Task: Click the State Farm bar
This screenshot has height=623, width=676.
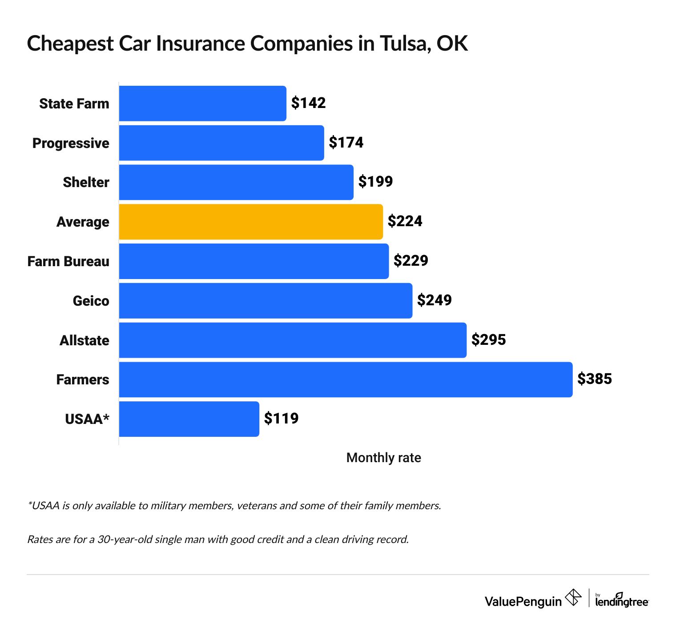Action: click(x=202, y=104)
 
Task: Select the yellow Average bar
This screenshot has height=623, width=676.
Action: click(x=251, y=222)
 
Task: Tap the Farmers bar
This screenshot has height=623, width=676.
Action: click(x=346, y=379)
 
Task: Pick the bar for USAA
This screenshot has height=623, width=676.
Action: click(x=189, y=419)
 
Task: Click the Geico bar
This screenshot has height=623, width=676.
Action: click(x=266, y=301)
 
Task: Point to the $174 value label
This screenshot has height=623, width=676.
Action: click(x=346, y=143)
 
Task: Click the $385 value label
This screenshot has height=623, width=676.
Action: click(x=595, y=379)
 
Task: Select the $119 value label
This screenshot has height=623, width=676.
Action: click(x=281, y=419)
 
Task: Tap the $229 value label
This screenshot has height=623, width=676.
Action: click(x=410, y=261)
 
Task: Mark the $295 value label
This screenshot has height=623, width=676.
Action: click(x=488, y=340)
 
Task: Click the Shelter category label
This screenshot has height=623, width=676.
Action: click(x=86, y=182)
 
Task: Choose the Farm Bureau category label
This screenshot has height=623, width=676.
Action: click(x=68, y=261)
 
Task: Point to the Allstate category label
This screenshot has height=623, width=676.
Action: click(x=84, y=340)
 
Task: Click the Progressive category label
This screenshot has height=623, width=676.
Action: click(x=71, y=143)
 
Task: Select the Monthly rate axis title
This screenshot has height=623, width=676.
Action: click(x=383, y=458)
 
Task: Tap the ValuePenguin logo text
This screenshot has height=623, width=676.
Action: click(x=523, y=602)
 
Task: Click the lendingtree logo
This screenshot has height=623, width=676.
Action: click(x=621, y=601)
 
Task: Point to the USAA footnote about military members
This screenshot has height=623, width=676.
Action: click(x=234, y=506)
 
